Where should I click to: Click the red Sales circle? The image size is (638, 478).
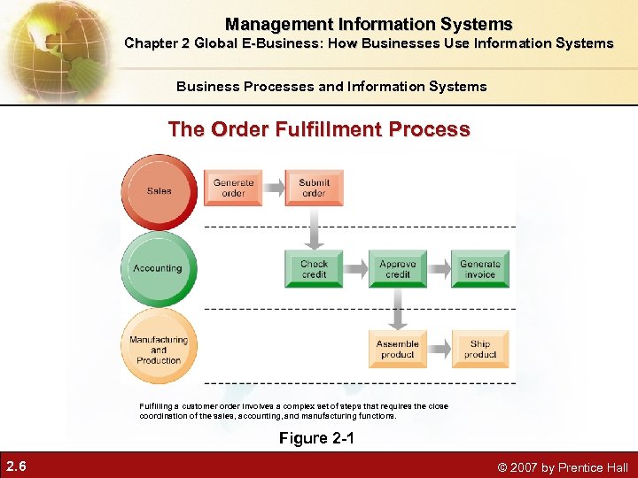pos(159,191)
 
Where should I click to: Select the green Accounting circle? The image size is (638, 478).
pos(158,268)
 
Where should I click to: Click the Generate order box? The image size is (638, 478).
pos(233,188)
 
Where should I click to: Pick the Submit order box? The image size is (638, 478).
pos(314,188)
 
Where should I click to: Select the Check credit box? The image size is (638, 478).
pos(314,269)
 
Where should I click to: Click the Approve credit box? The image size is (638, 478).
pos(397,269)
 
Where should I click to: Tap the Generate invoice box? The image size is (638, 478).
pos(480,269)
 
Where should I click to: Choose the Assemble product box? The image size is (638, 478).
pos(397,349)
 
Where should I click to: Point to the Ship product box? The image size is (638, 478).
pos(480,349)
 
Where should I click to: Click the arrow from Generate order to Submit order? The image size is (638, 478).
pos(274,188)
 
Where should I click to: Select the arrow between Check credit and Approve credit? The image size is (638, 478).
pos(355,269)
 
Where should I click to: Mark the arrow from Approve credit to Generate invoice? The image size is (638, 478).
pos(439,269)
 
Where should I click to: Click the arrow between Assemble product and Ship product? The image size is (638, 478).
pos(439,349)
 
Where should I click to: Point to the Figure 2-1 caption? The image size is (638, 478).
pos(316,437)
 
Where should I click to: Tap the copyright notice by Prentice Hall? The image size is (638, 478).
pos(563,467)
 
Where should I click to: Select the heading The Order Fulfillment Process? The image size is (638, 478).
pos(319,129)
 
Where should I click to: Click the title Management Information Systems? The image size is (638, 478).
pos(369,24)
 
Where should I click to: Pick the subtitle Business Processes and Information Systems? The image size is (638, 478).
pos(331,86)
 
